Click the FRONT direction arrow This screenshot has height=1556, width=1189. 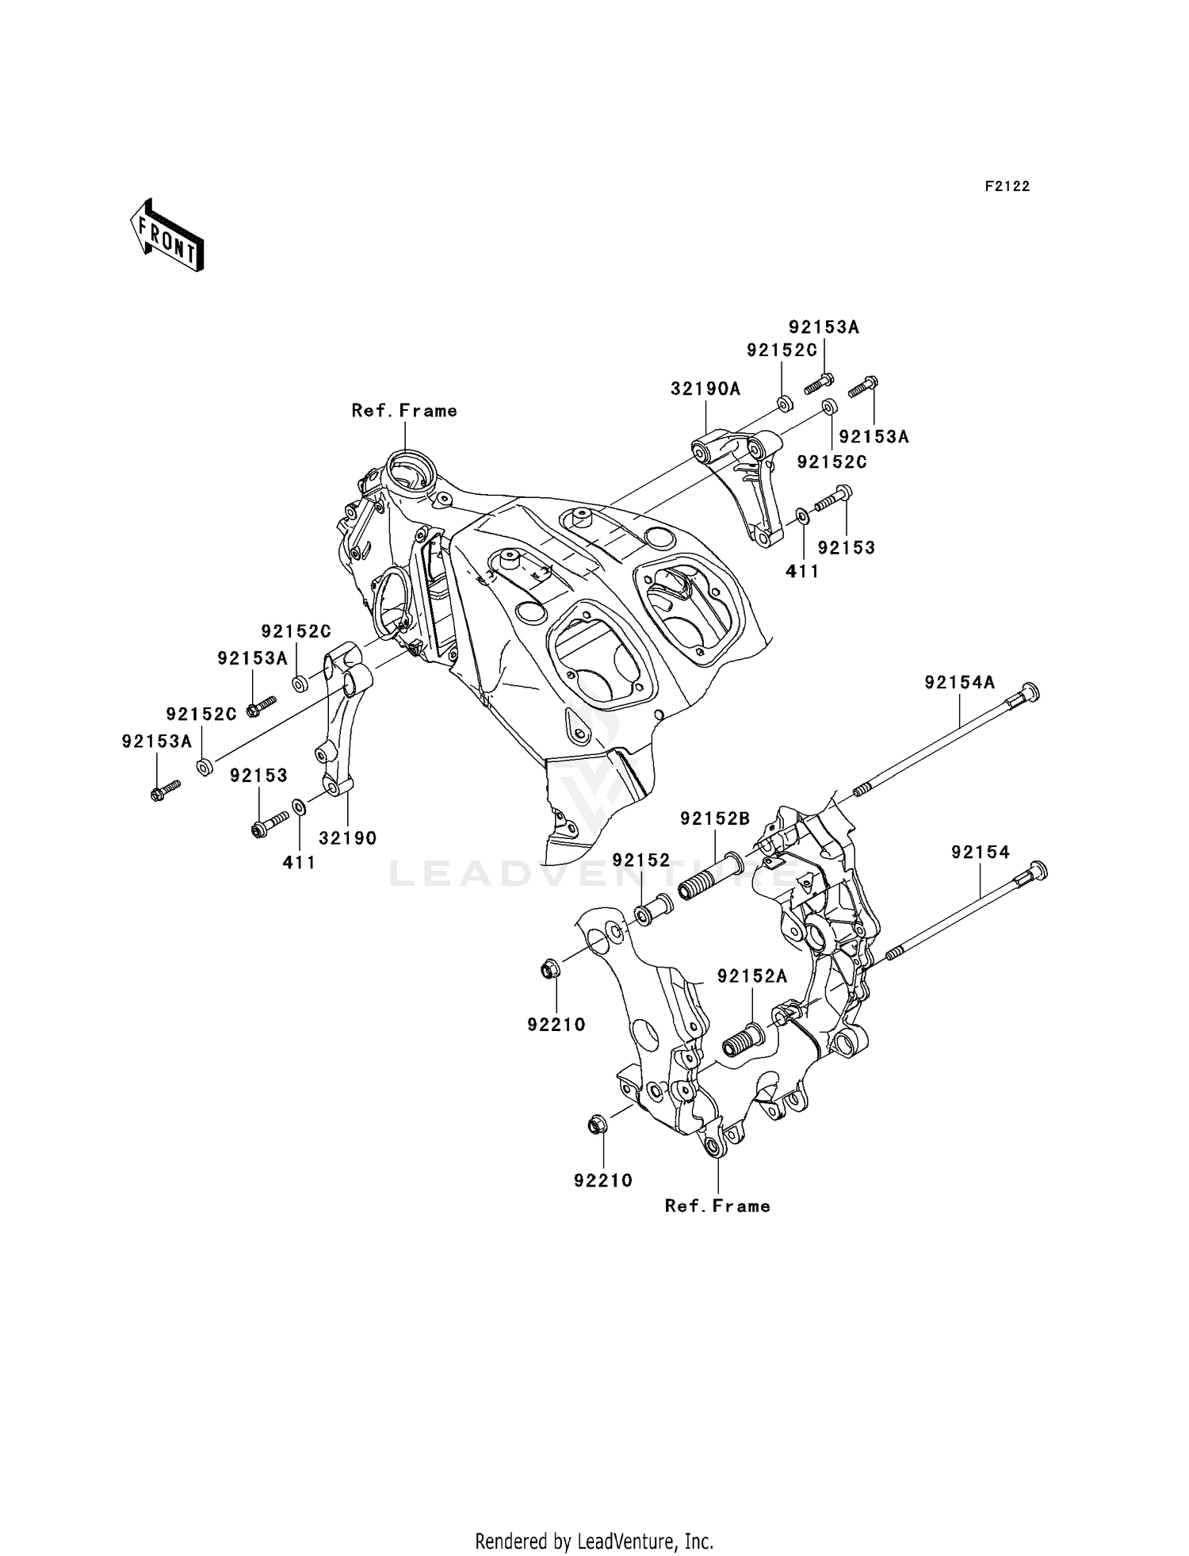point(167,236)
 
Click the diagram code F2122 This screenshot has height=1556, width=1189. point(1007,186)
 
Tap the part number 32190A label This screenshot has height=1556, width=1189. point(705,389)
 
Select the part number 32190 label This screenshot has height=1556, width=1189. point(347,838)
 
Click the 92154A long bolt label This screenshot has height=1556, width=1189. point(958,682)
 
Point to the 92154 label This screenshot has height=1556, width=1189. point(981,852)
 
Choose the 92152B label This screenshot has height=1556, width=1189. point(715,818)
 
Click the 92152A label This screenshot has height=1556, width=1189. point(751,976)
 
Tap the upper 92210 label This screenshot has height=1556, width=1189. point(556,1025)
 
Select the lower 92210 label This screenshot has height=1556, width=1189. point(603,1180)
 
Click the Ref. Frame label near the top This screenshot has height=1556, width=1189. point(404,410)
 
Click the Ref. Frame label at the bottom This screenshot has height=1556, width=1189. point(717,1205)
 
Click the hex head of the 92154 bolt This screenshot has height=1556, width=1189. point(1038,869)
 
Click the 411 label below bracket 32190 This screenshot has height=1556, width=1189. point(299,862)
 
